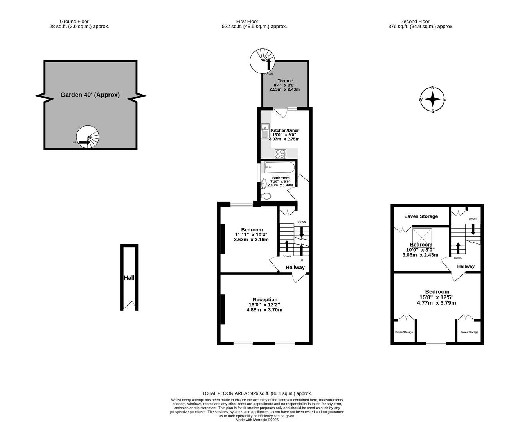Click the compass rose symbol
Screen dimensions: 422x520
(x=432, y=99)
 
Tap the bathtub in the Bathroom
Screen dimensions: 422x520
(x=279, y=167)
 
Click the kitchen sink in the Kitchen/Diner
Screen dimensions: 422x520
(x=265, y=131)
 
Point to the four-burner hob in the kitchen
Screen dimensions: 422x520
(x=280, y=154)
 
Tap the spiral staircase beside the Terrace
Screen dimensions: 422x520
(x=262, y=61)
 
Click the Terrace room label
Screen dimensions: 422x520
(x=285, y=81)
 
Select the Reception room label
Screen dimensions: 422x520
(x=264, y=300)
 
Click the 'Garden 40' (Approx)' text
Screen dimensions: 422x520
(x=90, y=95)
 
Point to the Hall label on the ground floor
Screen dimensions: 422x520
(x=129, y=278)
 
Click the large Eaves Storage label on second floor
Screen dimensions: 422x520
(x=421, y=216)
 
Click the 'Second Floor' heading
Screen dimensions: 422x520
(x=415, y=21)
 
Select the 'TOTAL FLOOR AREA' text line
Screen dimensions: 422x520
(x=257, y=393)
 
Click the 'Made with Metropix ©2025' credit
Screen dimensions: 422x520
(x=257, y=420)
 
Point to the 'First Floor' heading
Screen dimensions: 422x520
(x=247, y=21)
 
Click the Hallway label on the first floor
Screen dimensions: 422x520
(x=295, y=267)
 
